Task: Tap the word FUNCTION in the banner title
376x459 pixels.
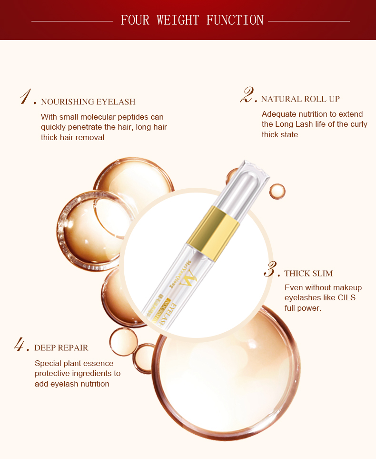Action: pos(235,20)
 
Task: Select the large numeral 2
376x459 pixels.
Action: pos(247,95)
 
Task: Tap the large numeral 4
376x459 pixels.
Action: pos(21,344)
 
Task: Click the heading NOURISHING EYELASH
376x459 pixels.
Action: pos(88,102)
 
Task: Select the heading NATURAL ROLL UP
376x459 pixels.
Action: pos(300,99)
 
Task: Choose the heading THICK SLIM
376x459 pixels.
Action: pos(308,274)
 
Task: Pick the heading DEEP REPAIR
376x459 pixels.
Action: pos(61,348)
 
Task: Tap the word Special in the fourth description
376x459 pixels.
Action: pos(48,364)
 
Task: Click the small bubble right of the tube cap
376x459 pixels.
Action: pos(277,191)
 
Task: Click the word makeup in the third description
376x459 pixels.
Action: pos(349,288)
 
